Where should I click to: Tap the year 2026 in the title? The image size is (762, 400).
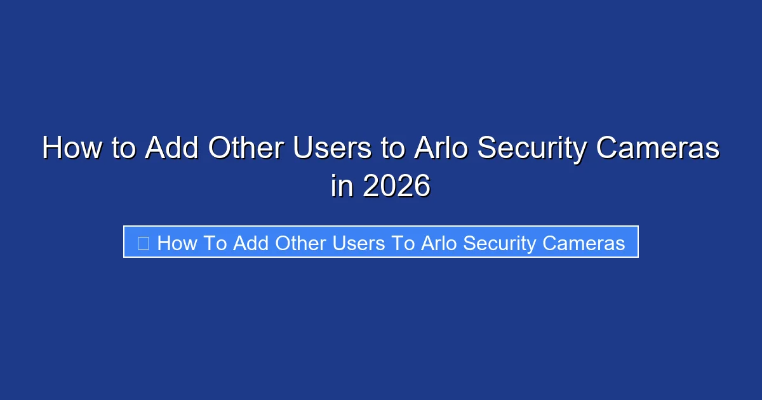tap(396, 186)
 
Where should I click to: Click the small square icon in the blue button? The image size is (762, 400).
tap(144, 243)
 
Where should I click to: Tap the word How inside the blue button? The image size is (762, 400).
tap(177, 243)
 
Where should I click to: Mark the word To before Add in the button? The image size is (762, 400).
tap(216, 243)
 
